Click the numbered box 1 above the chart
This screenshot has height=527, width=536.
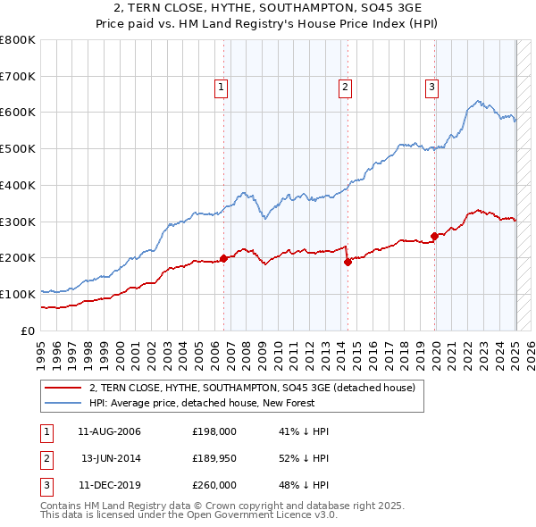click(220, 87)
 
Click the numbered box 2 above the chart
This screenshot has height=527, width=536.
click(344, 87)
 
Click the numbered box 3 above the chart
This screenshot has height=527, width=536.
click(431, 87)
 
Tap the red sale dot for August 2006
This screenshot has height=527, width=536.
click(223, 258)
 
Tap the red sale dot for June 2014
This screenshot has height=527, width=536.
click(348, 262)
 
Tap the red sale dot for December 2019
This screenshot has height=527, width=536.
click(434, 236)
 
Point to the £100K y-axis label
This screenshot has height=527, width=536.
click(18, 294)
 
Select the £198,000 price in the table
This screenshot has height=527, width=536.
click(214, 431)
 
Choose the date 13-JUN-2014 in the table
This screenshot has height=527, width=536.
click(112, 458)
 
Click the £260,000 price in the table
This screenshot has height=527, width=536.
click(214, 485)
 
